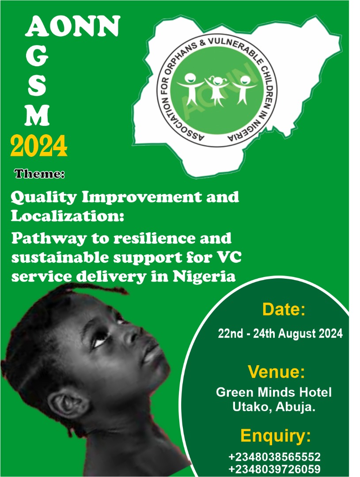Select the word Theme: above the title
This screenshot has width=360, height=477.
[39, 174]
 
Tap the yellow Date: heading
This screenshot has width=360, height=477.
[284, 309]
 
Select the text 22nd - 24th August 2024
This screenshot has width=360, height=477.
[280, 333]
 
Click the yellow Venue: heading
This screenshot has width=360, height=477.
[277, 371]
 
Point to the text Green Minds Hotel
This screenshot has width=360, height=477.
[273, 392]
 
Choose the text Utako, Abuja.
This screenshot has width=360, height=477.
[274, 407]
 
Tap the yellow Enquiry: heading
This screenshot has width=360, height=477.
[276, 436]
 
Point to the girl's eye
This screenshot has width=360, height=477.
[101, 340]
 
